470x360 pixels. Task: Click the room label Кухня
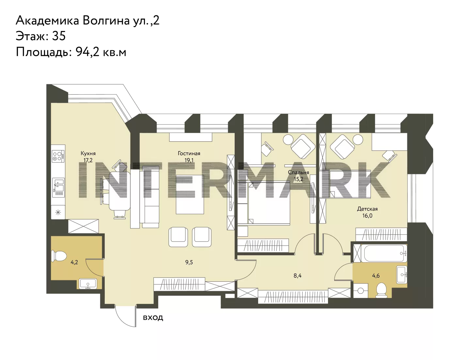click(x=88, y=153)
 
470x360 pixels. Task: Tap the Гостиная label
click(x=189, y=153)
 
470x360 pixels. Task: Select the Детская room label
click(x=367, y=209)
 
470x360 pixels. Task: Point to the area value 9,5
click(x=189, y=262)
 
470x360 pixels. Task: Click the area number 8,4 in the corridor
click(x=297, y=276)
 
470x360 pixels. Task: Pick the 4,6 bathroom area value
click(x=376, y=276)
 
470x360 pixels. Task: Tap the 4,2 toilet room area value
click(x=74, y=262)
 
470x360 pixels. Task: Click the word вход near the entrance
click(x=153, y=318)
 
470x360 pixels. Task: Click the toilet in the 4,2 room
click(x=59, y=256)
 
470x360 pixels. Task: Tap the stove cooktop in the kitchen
click(x=58, y=156)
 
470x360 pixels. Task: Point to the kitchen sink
click(x=58, y=187)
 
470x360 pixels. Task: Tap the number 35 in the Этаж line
click(x=59, y=36)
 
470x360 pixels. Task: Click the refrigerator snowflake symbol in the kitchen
click(x=58, y=212)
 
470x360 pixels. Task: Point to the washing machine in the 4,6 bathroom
click(x=360, y=290)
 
